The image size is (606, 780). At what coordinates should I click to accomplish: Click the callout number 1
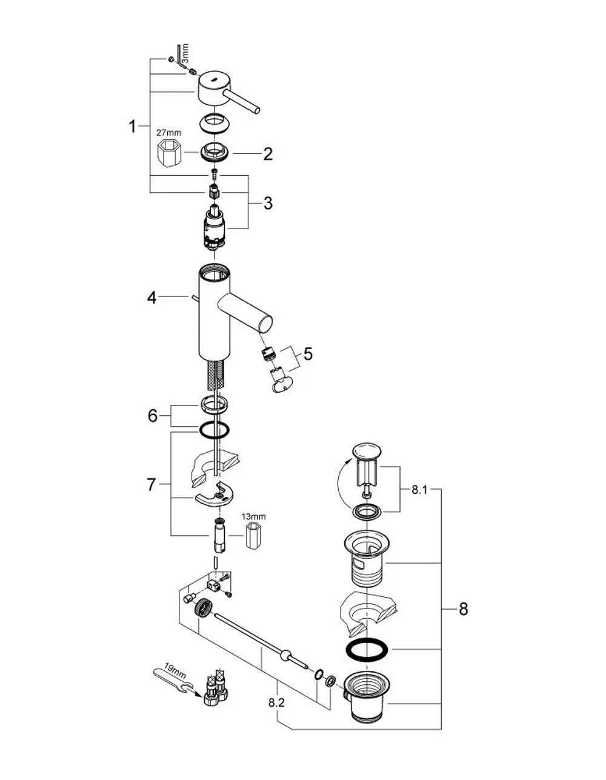[x=133, y=126]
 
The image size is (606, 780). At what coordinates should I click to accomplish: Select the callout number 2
[x=268, y=154]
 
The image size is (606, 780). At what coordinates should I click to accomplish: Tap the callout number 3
[x=268, y=203]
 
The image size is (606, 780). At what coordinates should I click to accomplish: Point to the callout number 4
[x=151, y=298]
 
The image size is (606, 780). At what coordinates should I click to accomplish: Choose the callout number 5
[x=308, y=353]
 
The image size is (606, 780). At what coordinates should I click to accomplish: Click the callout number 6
[x=153, y=416]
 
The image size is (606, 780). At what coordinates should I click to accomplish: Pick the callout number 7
[x=151, y=485]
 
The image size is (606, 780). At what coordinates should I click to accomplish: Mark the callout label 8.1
[x=420, y=490]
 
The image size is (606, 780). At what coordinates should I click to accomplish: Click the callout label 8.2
[x=276, y=702]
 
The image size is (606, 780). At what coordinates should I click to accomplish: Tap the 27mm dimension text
[x=168, y=133]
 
